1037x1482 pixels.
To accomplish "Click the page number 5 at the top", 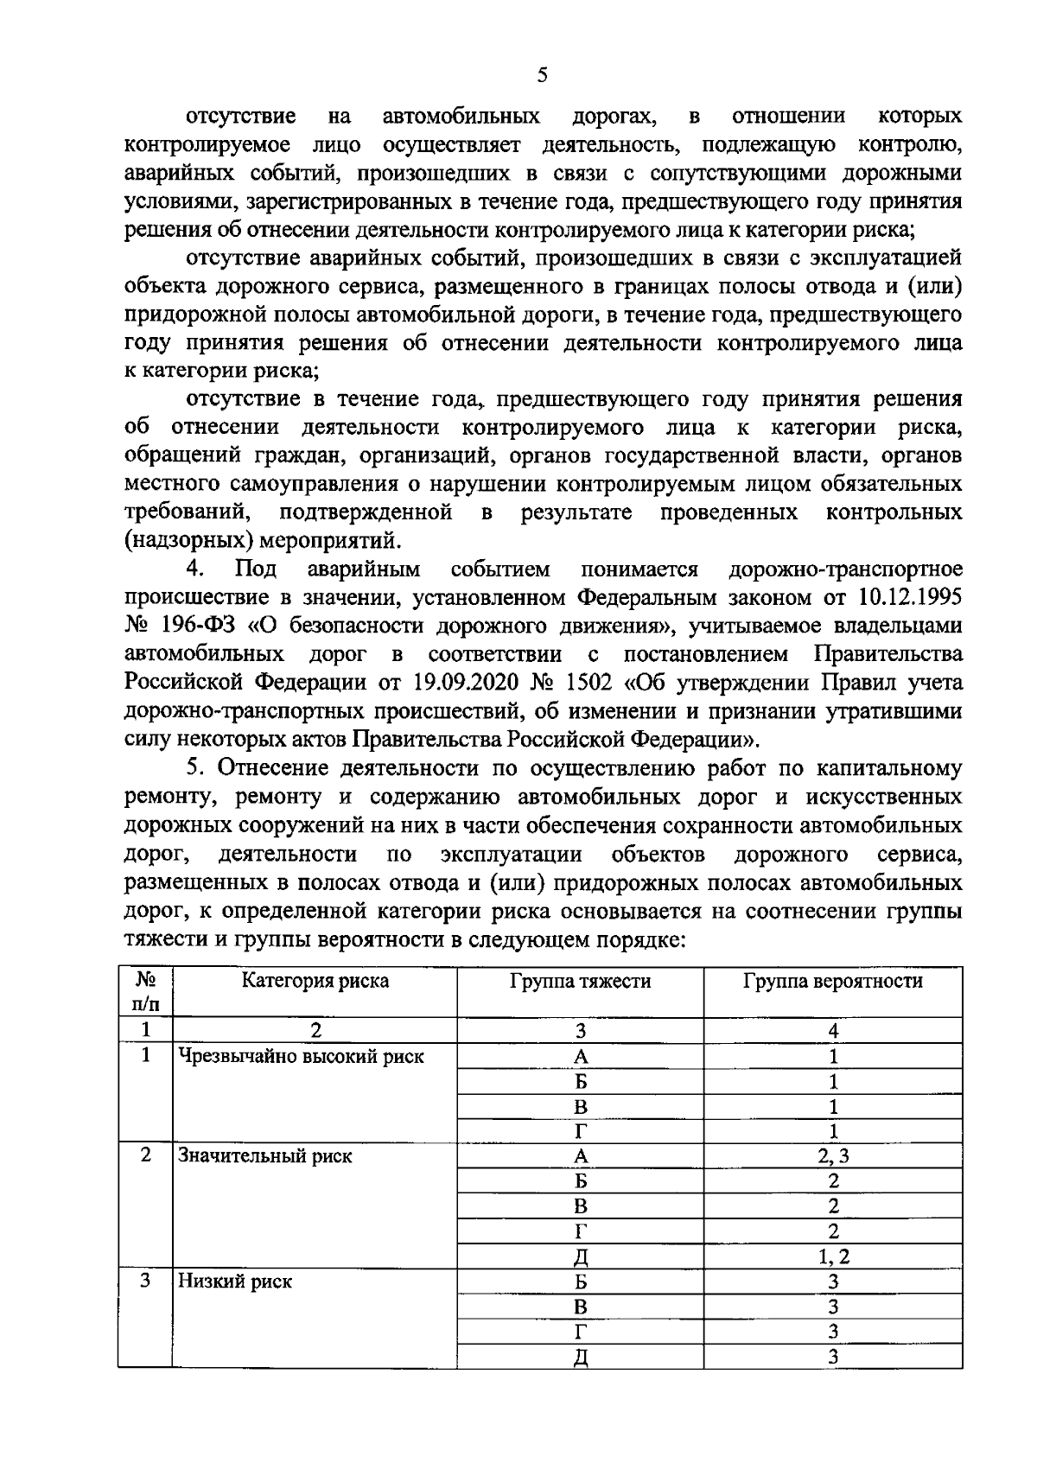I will tap(542, 75).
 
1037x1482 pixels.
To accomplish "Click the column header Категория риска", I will tap(315, 981).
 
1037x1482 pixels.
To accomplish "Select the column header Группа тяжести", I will tap(580, 981).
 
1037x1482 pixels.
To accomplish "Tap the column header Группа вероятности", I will tap(832, 981).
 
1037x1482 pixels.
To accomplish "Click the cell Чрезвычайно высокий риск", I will tap(301, 1056).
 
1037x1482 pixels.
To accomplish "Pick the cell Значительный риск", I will tap(264, 1156).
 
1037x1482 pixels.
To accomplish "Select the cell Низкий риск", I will tap(234, 1282).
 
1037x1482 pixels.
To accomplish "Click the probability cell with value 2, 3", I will tap(832, 1156).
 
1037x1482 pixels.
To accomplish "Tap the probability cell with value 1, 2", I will tap(832, 1256).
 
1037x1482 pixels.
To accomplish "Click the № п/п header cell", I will tap(145, 991).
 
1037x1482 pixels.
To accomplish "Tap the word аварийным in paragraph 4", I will tap(364, 569).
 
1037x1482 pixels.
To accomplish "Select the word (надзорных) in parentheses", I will tap(189, 541).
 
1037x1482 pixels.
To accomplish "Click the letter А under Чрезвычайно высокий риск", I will tap(580, 1056).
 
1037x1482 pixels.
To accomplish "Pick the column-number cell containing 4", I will tap(832, 1030).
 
